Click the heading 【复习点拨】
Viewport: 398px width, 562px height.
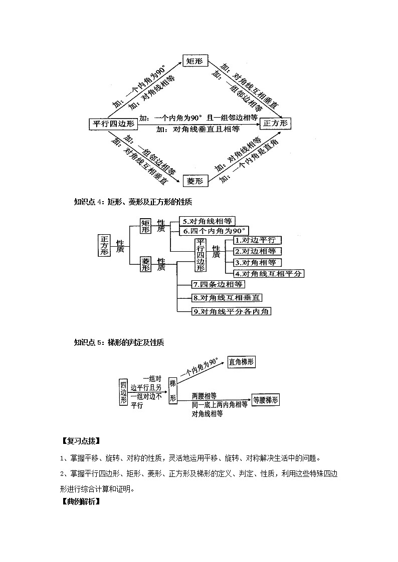pos(80,441)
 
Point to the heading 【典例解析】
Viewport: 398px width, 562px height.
pos(80,501)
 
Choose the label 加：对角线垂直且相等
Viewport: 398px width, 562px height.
pos(198,129)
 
